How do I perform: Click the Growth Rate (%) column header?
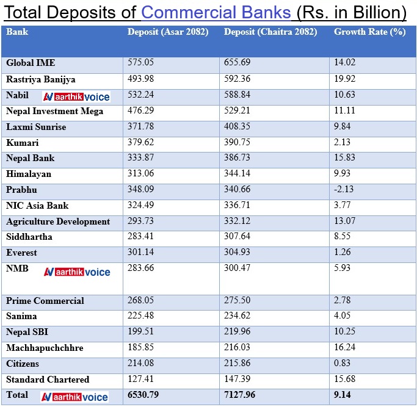(369, 32)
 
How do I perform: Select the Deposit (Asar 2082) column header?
(168, 32)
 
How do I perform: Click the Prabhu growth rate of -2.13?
(344, 189)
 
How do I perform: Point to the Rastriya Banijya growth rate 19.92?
(345, 79)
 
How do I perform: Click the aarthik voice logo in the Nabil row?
(76, 96)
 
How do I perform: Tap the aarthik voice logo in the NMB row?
(76, 272)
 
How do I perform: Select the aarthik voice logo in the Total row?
(74, 397)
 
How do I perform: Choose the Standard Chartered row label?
(48, 380)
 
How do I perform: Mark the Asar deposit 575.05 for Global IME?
(140, 62)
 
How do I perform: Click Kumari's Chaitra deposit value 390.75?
(238, 142)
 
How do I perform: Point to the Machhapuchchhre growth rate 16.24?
(345, 348)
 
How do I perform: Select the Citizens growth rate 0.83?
(343, 364)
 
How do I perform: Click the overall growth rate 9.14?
(343, 395)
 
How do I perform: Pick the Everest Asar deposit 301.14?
(140, 253)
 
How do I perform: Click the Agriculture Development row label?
(58, 222)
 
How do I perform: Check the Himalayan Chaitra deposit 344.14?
(238, 174)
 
